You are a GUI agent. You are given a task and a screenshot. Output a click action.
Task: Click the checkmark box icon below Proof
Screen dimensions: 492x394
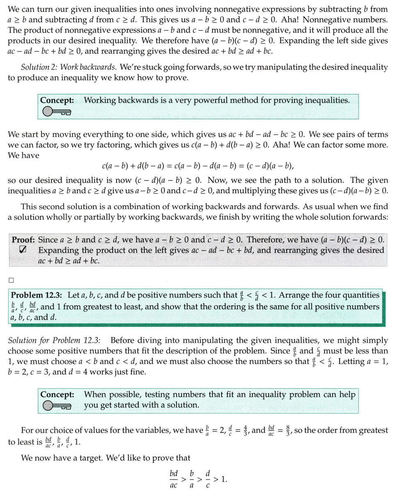coord(23,250)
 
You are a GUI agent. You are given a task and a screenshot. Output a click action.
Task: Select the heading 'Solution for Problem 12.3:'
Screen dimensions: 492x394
coord(57,340)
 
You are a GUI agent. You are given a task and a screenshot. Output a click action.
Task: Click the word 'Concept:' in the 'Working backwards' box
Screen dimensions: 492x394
coord(57,100)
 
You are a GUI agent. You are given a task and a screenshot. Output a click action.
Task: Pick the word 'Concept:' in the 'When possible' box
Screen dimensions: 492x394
coord(57,395)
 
